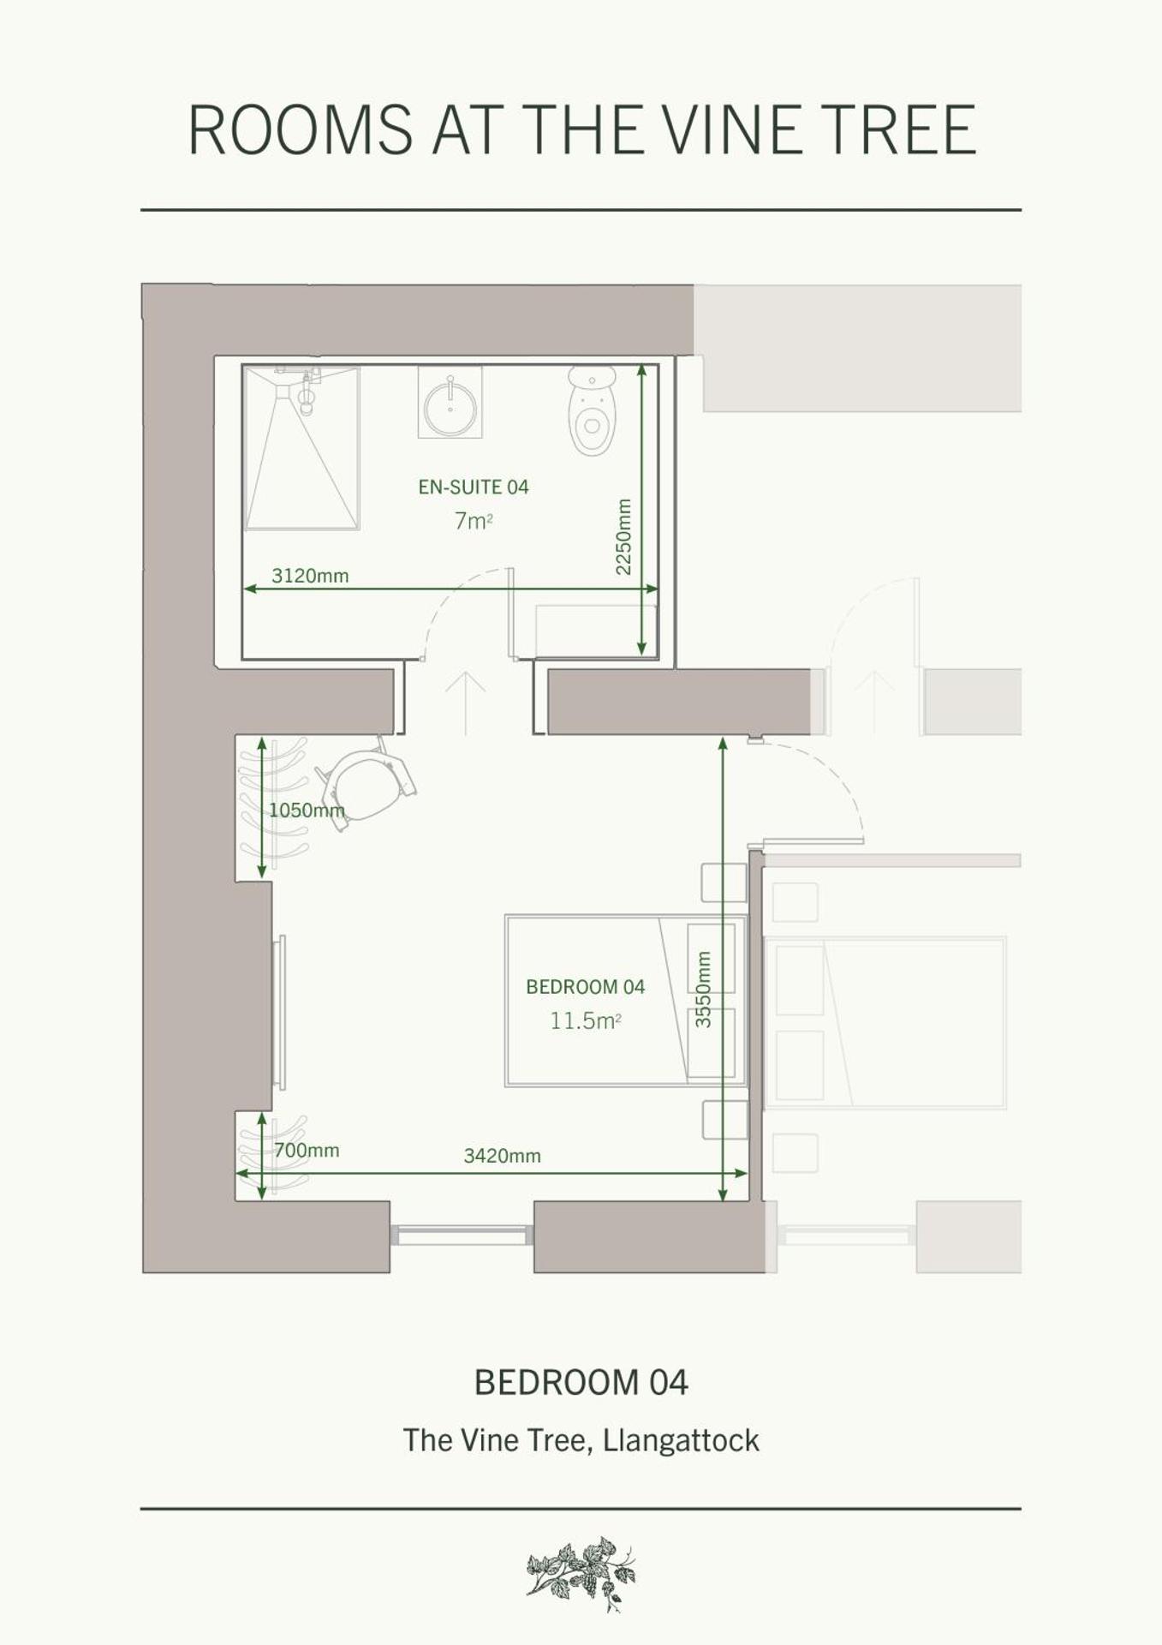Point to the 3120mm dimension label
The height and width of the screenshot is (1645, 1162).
(x=310, y=576)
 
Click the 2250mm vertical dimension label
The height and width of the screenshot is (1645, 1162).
(x=623, y=536)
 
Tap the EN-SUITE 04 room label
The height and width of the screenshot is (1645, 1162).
(x=474, y=488)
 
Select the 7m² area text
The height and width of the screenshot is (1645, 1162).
(x=473, y=521)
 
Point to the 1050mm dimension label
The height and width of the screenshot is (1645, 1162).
(x=307, y=811)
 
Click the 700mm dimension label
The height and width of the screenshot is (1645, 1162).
(x=307, y=1151)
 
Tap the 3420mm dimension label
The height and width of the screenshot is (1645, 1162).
(x=502, y=1156)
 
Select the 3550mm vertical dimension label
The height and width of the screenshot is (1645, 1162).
(x=703, y=989)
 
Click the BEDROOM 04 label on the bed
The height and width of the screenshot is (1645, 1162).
(x=585, y=987)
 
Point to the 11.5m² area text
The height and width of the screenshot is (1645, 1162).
(x=585, y=1021)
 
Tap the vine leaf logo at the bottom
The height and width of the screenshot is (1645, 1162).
(x=581, y=1573)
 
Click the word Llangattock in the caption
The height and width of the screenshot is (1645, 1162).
(x=681, y=1440)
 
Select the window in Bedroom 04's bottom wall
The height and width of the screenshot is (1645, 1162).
(x=462, y=1235)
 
